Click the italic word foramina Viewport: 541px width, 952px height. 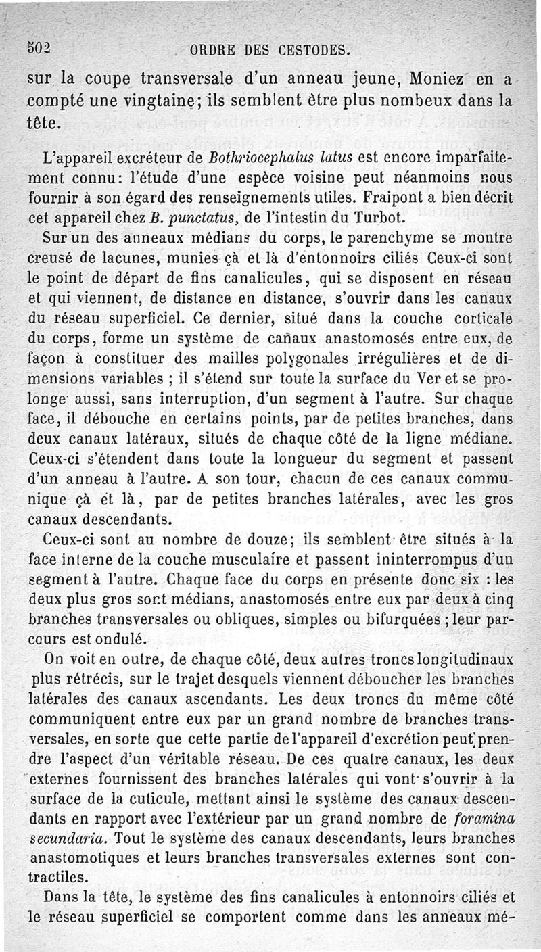(482, 818)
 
